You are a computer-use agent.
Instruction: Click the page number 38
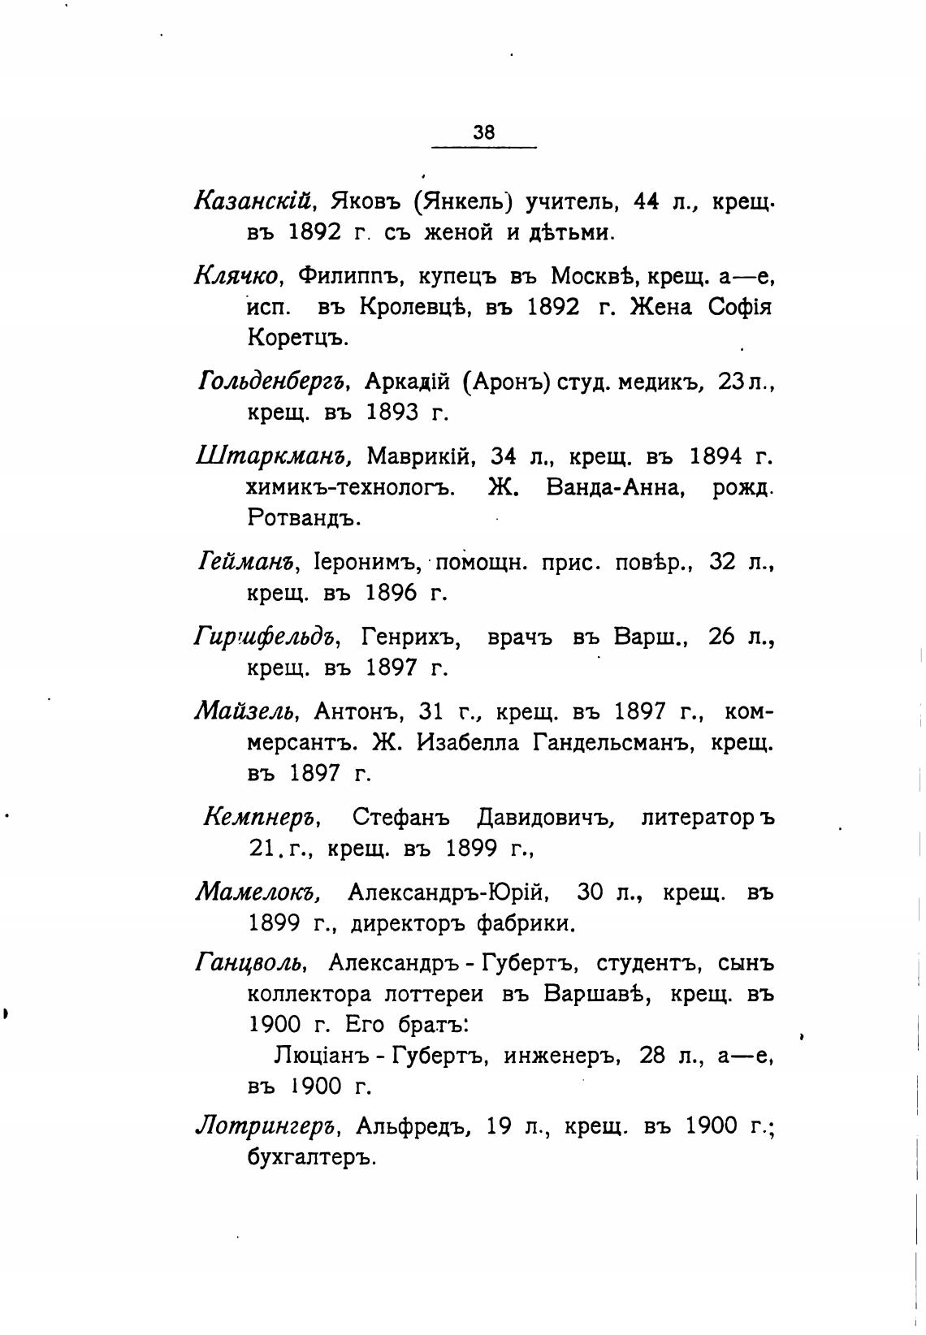pyautogui.click(x=483, y=132)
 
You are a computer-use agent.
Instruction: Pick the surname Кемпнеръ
pyautogui.click(x=264, y=818)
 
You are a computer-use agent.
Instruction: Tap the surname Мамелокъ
pyautogui.click(x=258, y=893)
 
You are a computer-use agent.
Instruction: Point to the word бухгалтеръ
pyautogui.click(x=312, y=1157)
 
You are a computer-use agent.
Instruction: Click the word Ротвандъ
pyautogui.click(x=304, y=517)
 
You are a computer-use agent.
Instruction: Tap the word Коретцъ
pyautogui.click(x=297, y=338)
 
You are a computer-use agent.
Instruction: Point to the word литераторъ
pyautogui.click(x=707, y=818)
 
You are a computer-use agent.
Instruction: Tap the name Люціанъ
pyautogui.click(x=325, y=1056)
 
